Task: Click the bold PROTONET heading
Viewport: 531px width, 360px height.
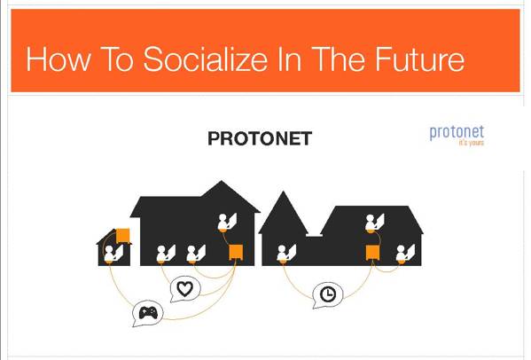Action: coord(259,138)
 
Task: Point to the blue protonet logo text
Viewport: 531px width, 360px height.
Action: coord(457,133)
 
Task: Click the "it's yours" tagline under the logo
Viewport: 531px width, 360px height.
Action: coord(471,144)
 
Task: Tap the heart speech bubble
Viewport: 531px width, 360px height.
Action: coord(184,288)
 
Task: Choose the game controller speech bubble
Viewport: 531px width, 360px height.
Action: coord(148,313)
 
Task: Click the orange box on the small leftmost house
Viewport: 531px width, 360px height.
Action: coord(122,235)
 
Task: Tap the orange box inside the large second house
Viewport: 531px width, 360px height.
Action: coord(236,253)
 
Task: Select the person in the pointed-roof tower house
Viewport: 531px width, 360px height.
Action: coord(285,254)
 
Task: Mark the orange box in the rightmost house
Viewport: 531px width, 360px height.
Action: coord(372,254)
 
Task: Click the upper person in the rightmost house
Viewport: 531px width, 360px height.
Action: coord(374,222)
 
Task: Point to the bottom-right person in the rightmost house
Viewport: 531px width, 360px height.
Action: coord(403,254)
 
